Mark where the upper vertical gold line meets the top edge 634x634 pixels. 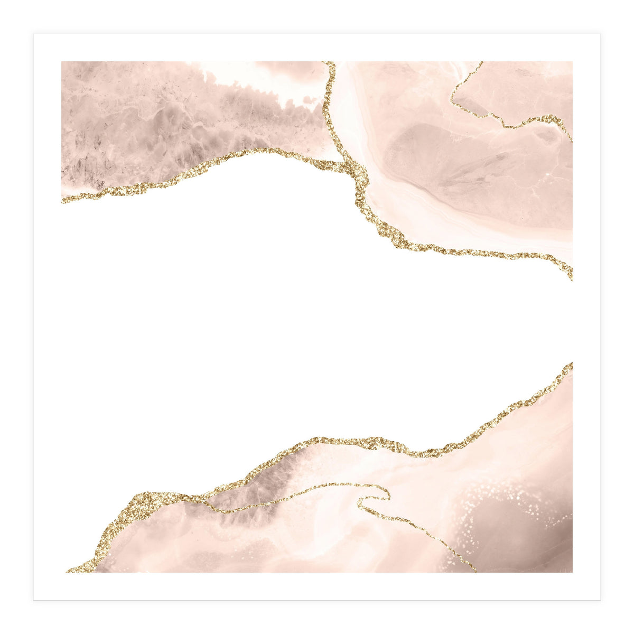coord(330,63)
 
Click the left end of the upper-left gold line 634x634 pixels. coord(63,200)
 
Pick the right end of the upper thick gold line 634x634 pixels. coord(570,275)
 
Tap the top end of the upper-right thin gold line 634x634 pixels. coord(480,63)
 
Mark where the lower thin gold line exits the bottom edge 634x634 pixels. coord(473,570)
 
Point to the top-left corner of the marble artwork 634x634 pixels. coord(62,62)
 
